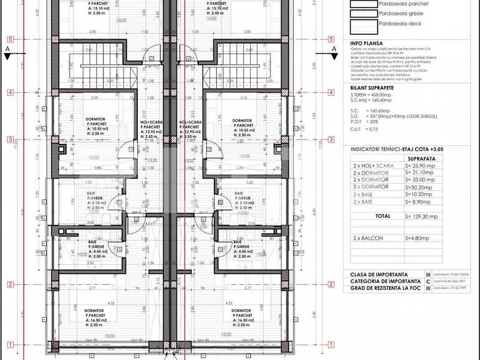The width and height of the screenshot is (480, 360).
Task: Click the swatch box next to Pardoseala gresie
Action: pos(364,14)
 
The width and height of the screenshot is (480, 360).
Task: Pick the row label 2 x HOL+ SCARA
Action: pos(372,166)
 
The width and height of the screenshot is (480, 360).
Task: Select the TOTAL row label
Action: pos(384,216)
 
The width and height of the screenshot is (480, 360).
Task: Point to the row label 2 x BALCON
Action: pos(368,238)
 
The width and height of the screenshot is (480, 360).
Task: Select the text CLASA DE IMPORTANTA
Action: pos(379,274)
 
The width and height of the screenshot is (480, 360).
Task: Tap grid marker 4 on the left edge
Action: pos(11,92)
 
